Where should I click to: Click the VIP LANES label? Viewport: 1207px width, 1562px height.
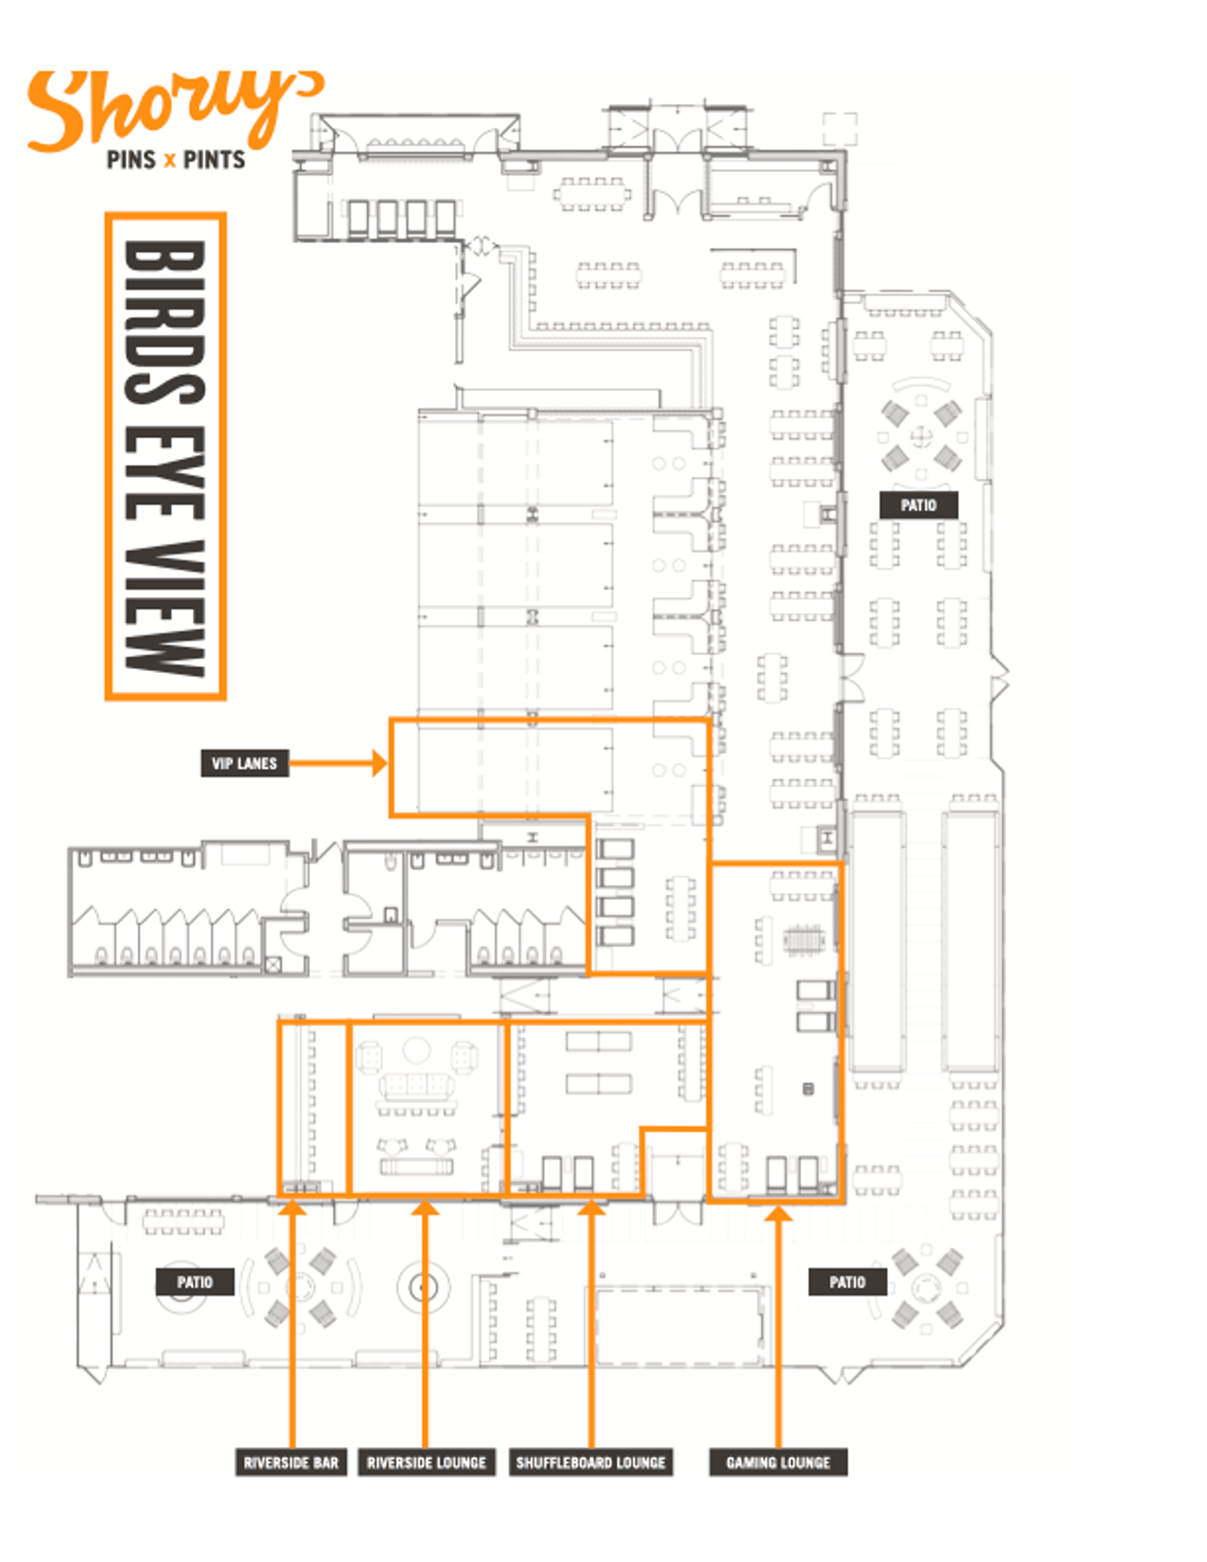point(244,763)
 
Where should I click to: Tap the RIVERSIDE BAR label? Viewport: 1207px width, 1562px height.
point(290,1462)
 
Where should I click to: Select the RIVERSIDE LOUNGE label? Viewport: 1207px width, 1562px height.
point(426,1462)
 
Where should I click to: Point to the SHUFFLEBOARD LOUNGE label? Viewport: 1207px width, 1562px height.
point(591,1462)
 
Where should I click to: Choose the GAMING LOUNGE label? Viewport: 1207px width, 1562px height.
point(778,1462)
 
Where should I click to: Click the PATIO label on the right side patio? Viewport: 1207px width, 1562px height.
point(918,505)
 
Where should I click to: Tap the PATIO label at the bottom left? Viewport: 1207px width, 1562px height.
point(195,1282)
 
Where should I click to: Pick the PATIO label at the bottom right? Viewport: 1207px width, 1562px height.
point(847,1282)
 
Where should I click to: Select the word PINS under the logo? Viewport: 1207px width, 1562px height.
point(131,160)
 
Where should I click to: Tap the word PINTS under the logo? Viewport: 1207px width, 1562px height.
point(214,160)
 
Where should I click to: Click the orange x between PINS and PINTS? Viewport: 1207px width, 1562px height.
point(170,161)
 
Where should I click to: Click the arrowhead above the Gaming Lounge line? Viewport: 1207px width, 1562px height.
point(778,1213)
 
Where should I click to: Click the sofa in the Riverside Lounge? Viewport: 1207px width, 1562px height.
point(416,1087)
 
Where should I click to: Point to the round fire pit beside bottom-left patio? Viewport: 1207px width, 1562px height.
point(423,1287)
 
